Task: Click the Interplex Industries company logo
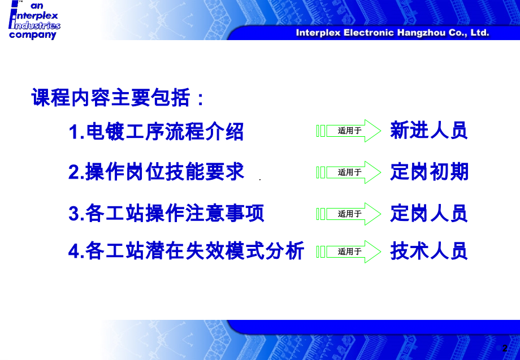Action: [34, 20]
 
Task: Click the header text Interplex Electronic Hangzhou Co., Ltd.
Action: [392, 33]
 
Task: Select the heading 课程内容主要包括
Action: [118, 97]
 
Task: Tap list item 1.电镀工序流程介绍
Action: [156, 132]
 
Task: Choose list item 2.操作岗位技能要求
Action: [156, 172]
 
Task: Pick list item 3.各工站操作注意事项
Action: [166, 213]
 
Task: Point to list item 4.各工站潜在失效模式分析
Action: [186, 250]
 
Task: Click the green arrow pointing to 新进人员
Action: [349, 131]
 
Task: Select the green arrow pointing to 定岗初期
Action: [349, 172]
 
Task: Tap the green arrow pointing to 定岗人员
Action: [349, 214]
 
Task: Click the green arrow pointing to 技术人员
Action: [349, 251]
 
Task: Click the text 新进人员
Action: [429, 131]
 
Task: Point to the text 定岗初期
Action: [429, 172]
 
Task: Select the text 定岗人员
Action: [429, 213]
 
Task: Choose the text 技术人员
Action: [429, 251]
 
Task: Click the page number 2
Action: [505, 348]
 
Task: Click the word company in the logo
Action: [33, 35]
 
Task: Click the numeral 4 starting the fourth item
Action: [73, 251]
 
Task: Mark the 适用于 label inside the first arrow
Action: [349, 131]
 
